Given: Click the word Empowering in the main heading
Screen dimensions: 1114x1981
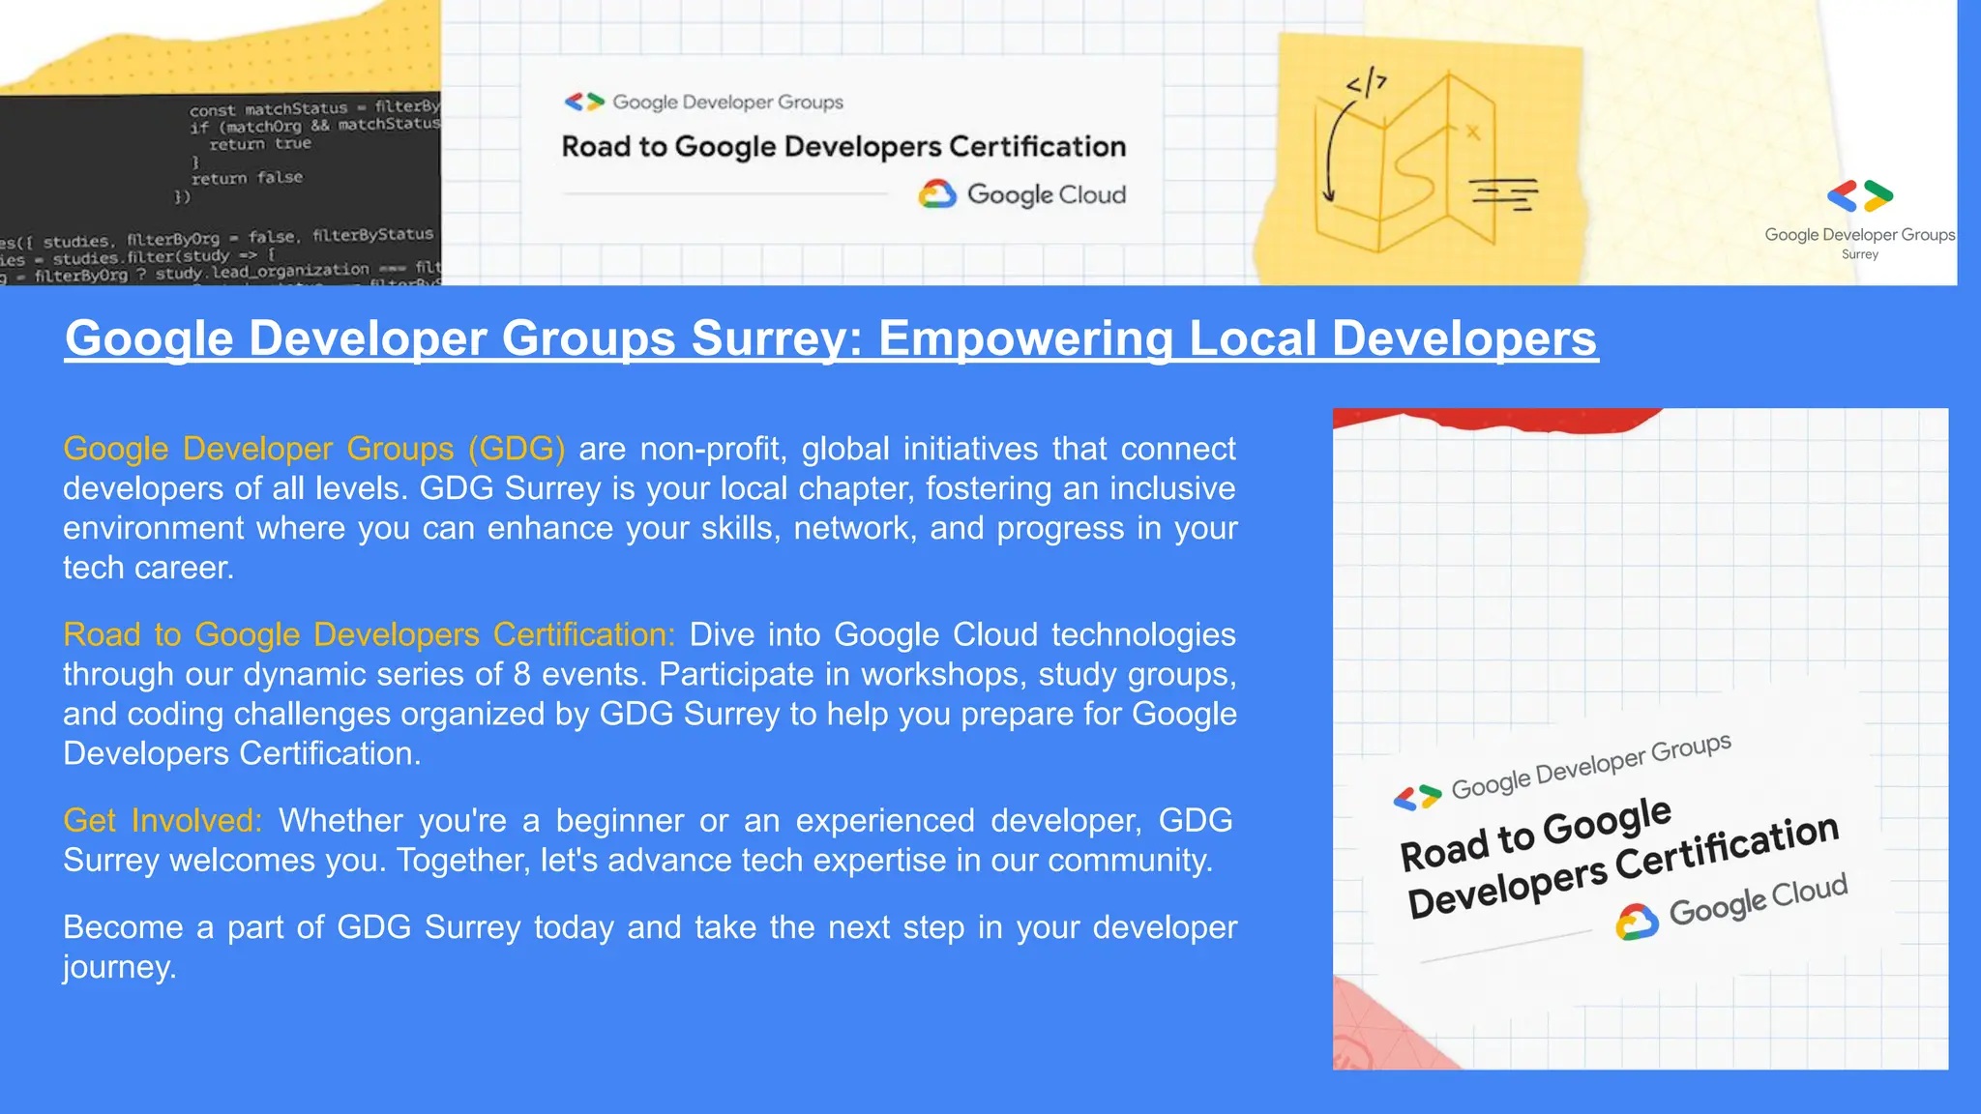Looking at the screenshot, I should (x=1025, y=338).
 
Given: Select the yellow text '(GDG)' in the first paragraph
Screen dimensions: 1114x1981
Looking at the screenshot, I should (x=517, y=449).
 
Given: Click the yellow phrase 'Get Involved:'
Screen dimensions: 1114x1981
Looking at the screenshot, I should (x=163, y=820).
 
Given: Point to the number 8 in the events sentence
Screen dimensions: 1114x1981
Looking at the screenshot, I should (x=521, y=674).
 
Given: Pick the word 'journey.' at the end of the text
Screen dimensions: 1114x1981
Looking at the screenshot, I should (x=120, y=967).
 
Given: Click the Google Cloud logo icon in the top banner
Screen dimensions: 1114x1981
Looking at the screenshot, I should (x=936, y=194).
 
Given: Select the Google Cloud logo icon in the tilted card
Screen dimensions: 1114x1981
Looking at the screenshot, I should (x=1637, y=922).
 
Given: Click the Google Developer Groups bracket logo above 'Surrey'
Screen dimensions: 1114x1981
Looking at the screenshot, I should (x=1859, y=195).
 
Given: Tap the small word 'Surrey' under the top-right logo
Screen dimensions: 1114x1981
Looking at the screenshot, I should (x=1859, y=254).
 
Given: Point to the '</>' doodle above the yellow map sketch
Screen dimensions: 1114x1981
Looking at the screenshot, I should (x=1367, y=84).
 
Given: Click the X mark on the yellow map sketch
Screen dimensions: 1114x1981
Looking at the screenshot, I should (x=1472, y=132).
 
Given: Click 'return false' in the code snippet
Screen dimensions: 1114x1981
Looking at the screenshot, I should (x=247, y=178).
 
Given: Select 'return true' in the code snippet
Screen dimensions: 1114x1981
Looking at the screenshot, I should (x=260, y=144).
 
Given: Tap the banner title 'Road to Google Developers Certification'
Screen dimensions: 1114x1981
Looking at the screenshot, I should (x=843, y=146).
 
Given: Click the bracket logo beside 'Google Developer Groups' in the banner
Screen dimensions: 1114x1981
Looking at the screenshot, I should (x=584, y=102).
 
